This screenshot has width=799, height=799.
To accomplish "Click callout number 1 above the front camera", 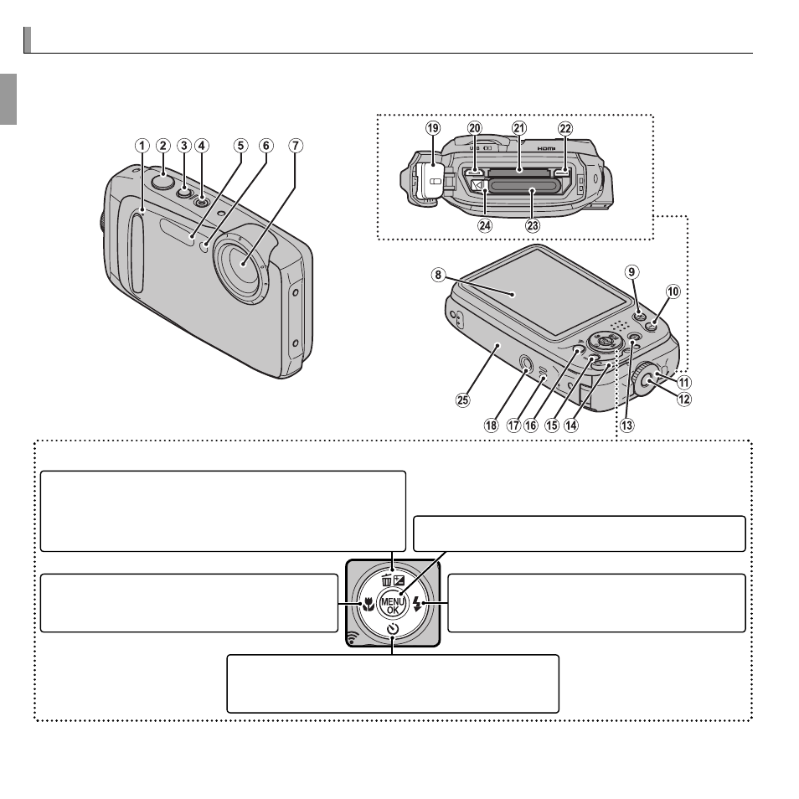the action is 142,146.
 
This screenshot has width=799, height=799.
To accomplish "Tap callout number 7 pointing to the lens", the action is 296,146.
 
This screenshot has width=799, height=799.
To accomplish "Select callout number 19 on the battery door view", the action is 433,128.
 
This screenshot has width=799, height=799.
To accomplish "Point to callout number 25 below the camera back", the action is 462,400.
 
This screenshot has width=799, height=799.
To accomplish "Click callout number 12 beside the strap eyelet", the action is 684,399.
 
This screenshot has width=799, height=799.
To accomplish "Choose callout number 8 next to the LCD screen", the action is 438,276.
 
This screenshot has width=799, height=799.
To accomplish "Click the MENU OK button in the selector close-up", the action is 393,605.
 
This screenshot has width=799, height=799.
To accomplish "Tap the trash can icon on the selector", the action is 387,580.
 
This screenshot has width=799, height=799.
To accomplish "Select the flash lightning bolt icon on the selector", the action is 417,605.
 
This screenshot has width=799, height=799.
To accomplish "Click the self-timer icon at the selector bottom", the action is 392,628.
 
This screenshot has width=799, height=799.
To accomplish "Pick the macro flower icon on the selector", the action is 368,605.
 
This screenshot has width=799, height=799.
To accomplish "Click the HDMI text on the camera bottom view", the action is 546,148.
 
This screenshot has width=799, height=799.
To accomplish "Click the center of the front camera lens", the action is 244,264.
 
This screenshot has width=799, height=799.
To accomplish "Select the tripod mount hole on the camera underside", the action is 525,363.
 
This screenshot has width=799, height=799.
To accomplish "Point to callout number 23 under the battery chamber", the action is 533,225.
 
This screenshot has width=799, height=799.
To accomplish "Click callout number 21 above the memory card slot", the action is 519,128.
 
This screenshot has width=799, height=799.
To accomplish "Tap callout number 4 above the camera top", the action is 201,146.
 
